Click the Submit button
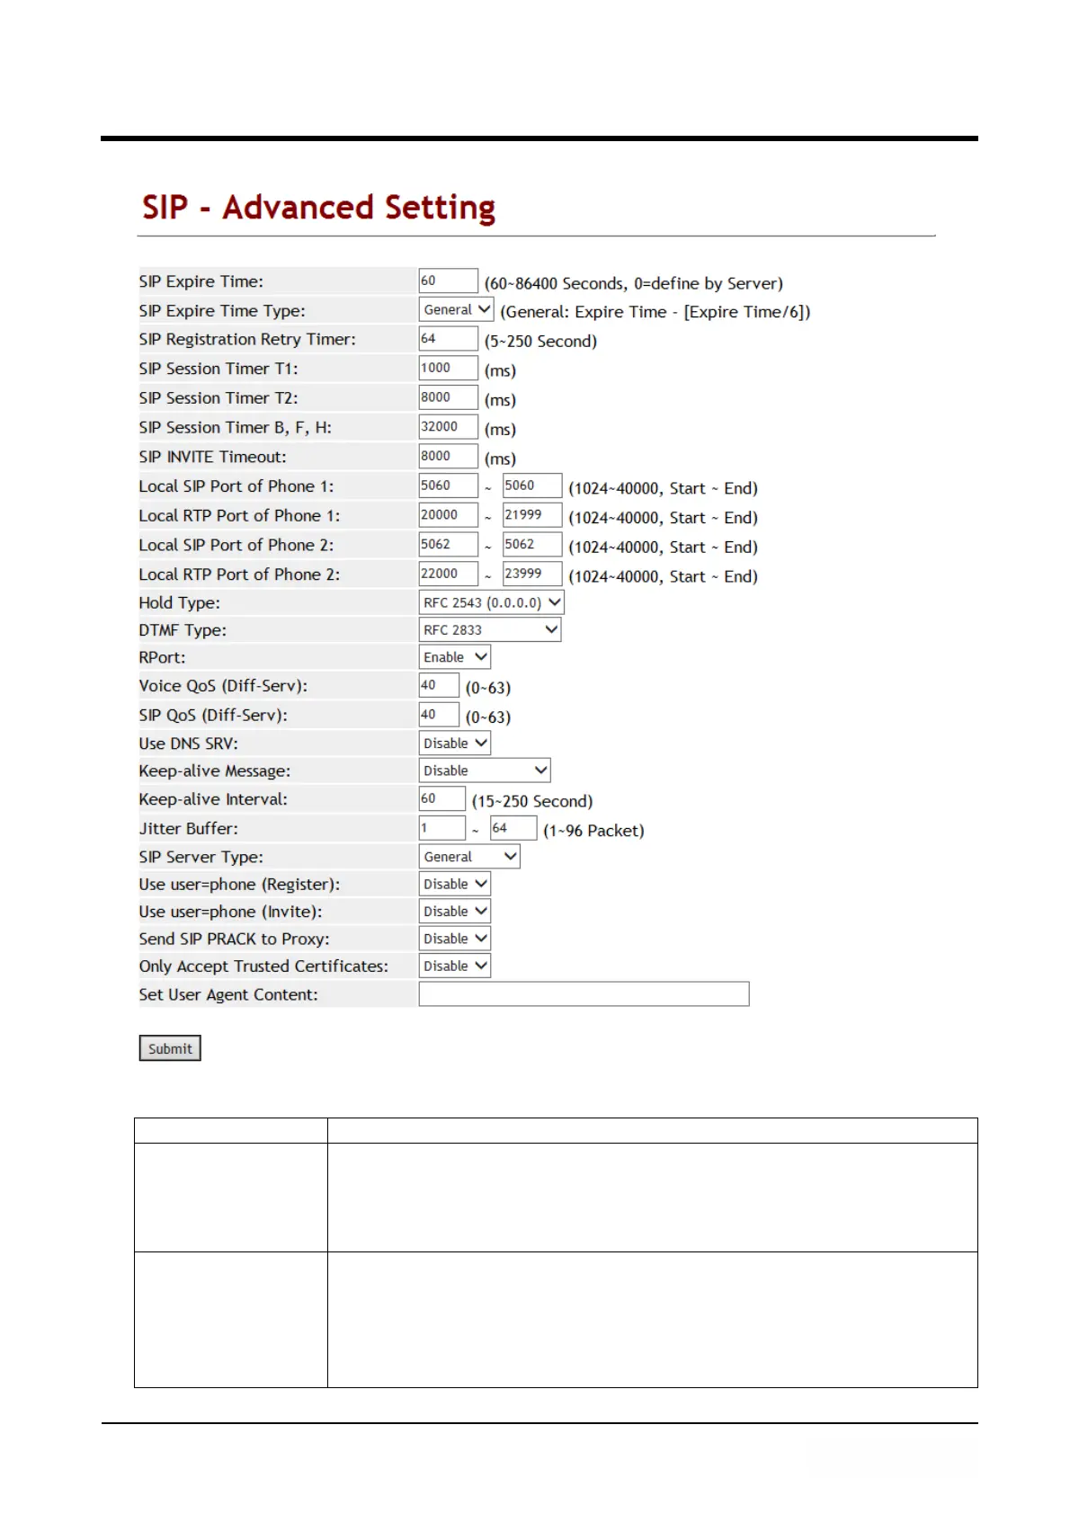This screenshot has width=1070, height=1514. click(170, 1048)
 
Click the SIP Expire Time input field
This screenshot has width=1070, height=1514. click(448, 281)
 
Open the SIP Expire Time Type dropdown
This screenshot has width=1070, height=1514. click(457, 309)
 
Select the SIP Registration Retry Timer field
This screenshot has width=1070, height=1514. click(448, 339)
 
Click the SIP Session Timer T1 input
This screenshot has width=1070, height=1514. click(448, 368)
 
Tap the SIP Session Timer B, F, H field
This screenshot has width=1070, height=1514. click(448, 427)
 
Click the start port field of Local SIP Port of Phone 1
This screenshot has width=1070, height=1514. click(448, 485)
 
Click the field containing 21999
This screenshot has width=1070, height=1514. click(531, 515)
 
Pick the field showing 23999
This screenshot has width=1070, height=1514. click(531, 574)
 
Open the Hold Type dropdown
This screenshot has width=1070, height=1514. click(492, 602)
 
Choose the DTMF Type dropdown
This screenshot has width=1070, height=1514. click(490, 630)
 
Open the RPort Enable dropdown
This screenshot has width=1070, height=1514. click(455, 657)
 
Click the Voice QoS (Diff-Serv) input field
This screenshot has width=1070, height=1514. click(439, 686)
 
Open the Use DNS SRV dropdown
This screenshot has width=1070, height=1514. click(455, 744)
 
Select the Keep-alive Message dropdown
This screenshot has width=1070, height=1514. click(485, 770)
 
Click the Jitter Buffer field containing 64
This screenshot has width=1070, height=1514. click(513, 828)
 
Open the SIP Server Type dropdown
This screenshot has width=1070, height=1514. click(469, 857)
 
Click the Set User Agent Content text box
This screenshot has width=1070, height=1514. click(584, 993)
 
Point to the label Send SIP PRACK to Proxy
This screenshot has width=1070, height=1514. click(234, 939)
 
